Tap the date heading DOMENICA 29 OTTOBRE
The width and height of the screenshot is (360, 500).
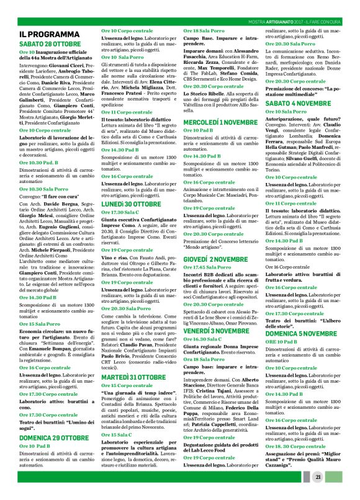pos(53,438)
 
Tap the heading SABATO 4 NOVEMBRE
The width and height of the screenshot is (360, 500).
pos(296,102)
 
